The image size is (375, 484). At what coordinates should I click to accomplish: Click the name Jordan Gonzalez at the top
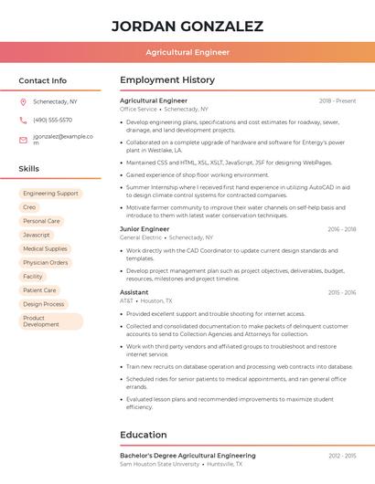coord(187,26)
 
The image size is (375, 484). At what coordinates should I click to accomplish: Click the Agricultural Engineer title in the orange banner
coord(187,52)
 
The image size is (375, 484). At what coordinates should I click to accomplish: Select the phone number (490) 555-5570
coord(52,120)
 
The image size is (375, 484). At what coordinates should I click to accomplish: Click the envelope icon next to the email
coord(23,140)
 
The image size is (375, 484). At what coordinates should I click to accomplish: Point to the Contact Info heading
coord(43,80)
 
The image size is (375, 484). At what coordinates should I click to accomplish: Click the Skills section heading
coord(29,169)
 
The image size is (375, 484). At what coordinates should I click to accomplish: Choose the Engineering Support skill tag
coord(50,194)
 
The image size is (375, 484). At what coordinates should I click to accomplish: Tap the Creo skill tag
coord(30,207)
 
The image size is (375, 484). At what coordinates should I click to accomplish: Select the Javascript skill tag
coord(37,235)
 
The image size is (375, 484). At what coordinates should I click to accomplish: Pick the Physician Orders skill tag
coord(46,262)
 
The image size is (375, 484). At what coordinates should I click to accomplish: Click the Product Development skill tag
coord(41,321)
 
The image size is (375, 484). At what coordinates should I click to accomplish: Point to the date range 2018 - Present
coord(337,100)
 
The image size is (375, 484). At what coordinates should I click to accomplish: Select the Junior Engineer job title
coord(145,229)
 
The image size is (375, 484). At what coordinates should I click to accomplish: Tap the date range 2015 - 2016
coord(341,292)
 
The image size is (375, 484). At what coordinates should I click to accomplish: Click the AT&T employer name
coord(126,300)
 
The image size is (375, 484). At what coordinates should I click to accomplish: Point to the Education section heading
coord(144,435)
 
